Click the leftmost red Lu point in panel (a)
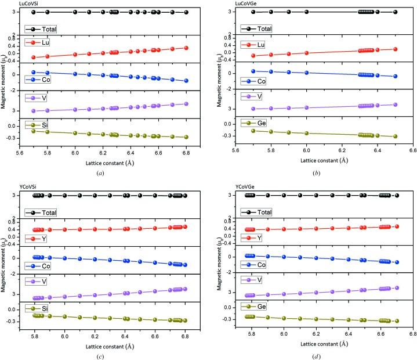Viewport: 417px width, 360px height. pyautogui.click(x=34, y=57)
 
